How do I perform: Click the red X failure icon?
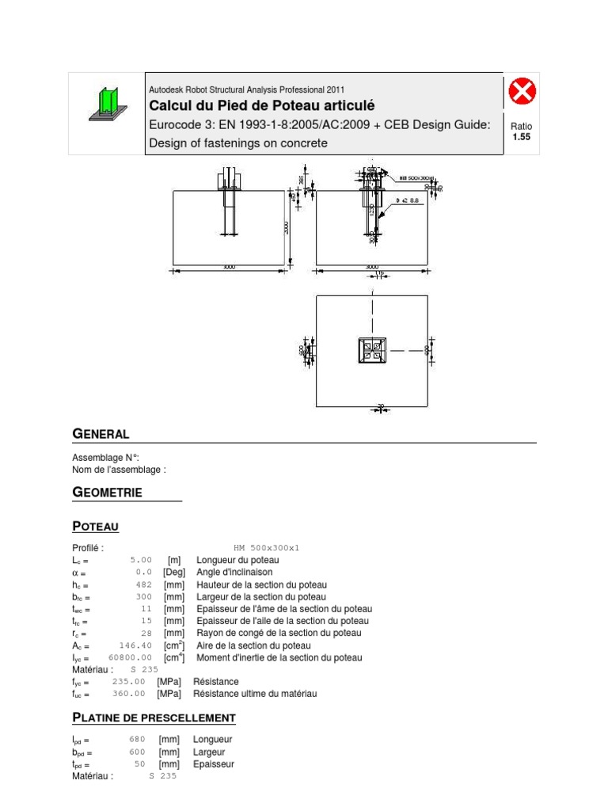tap(522, 93)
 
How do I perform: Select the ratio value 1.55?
tap(522, 137)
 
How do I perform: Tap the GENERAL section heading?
tap(101, 434)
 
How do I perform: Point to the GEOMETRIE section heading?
tap(108, 493)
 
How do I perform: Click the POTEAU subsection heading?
tap(96, 526)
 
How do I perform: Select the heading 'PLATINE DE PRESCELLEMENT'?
tap(154, 718)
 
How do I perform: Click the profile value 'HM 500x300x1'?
tap(267, 547)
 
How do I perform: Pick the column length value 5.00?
tap(140, 560)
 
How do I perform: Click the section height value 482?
tap(143, 584)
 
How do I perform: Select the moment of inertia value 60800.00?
tap(130, 657)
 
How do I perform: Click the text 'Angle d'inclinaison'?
tap(234, 572)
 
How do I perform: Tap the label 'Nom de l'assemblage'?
tap(119, 470)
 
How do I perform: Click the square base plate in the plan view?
tap(371, 350)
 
